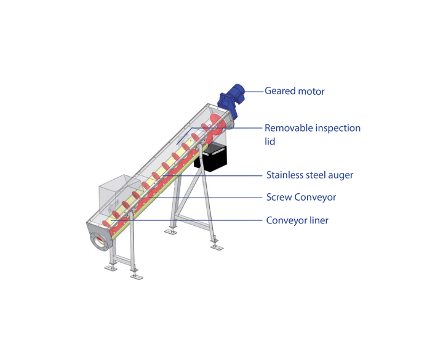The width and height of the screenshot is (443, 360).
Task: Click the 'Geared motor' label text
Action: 294,91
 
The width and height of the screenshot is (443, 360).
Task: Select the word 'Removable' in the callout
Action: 289,128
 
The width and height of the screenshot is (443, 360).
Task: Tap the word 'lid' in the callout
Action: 270,142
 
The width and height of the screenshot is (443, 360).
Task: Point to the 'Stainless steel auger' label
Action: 309,175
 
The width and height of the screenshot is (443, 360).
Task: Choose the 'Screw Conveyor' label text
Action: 301,197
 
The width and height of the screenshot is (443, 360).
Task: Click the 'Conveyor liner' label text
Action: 297,220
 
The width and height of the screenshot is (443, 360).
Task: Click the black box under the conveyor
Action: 211,156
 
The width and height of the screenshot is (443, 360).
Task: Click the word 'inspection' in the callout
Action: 338,128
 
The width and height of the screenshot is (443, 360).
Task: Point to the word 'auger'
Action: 341,176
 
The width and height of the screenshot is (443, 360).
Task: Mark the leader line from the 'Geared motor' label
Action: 254,92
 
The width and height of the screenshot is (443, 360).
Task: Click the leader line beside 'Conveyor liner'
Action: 187,220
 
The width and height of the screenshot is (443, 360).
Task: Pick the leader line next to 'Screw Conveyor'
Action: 206,198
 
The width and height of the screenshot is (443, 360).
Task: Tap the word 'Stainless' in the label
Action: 285,175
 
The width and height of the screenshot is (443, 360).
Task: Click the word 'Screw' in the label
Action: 279,197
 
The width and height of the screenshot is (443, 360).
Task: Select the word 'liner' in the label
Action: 319,220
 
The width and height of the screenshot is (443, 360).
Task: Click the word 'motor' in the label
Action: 311,92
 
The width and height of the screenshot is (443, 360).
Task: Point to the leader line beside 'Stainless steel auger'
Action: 213,176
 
